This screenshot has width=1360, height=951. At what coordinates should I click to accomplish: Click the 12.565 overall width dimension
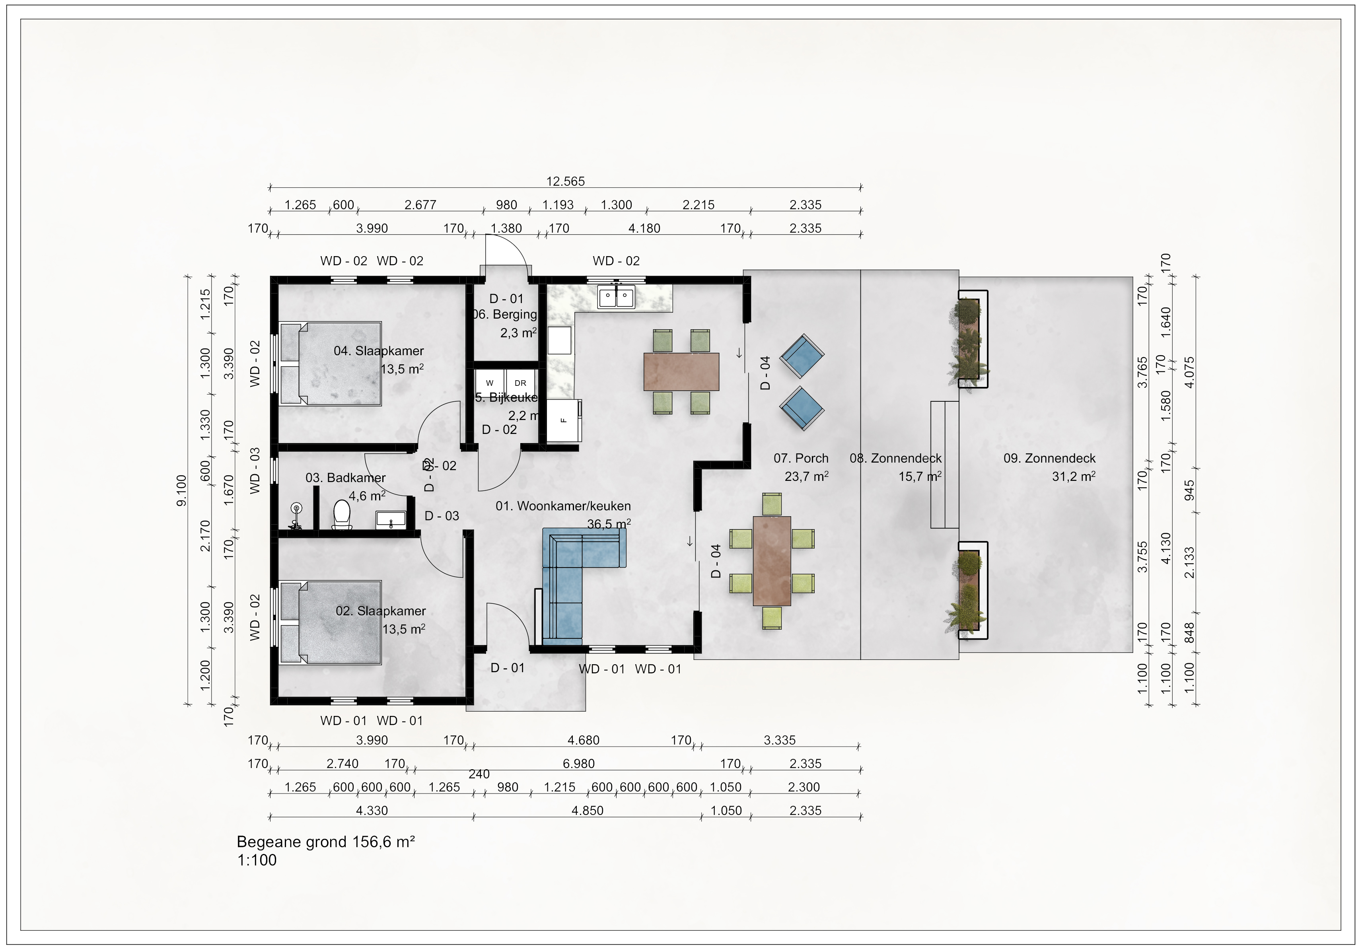pyautogui.click(x=565, y=181)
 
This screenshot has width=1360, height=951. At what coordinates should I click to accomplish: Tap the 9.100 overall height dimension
pyautogui.click(x=182, y=490)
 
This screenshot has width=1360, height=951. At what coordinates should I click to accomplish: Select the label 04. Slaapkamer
pyautogui.click(x=379, y=350)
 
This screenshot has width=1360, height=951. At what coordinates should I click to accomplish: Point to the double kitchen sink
pyautogui.click(x=616, y=296)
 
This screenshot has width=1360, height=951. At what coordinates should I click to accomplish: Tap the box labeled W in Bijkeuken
pyautogui.click(x=490, y=383)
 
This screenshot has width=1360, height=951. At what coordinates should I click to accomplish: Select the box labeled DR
pyautogui.click(x=520, y=383)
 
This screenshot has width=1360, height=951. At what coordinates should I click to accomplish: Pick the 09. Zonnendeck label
pyautogui.click(x=1049, y=458)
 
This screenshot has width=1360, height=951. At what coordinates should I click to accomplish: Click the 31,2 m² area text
pyautogui.click(x=1073, y=476)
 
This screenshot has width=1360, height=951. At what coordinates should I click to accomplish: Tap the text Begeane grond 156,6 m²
pyautogui.click(x=325, y=842)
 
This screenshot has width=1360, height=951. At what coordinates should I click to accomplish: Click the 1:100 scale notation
pyautogui.click(x=257, y=860)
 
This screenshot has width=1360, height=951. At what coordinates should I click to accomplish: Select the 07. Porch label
pyautogui.click(x=801, y=458)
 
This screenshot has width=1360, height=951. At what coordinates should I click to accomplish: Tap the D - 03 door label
pyautogui.click(x=442, y=516)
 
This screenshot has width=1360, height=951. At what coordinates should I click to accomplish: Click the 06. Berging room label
pyautogui.click(x=505, y=315)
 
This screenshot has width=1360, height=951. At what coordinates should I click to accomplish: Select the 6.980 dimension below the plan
pyautogui.click(x=579, y=763)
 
